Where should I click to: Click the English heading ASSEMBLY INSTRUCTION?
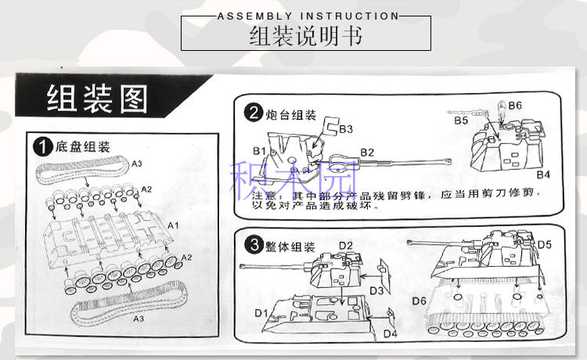(x=307, y=16)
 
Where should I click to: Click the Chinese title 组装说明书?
(x=306, y=37)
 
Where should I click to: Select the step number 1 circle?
(x=42, y=146)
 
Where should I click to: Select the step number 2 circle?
(x=252, y=113)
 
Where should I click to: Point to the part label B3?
(x=345, y=128)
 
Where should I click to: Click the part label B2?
(x=368, y=152)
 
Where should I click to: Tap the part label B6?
(x=514, y=106)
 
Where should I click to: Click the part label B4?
(x=543, y=173)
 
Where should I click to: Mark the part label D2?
(x=346, y=246)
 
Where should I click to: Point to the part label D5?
(x=545, y=243)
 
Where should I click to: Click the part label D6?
(x=419, y=301)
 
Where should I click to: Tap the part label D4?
(x=391, y=334)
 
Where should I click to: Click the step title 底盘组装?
(x=82, y=146)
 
